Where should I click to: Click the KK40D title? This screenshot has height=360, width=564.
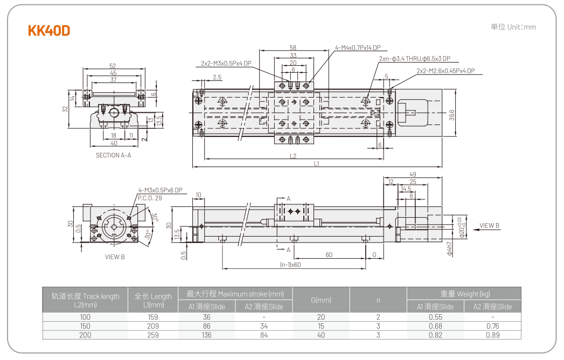coord(49,31)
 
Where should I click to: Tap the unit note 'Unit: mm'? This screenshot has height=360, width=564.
coord(513,27)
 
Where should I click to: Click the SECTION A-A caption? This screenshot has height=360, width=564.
coord(113,155)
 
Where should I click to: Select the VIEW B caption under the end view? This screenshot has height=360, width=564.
coord(114,257)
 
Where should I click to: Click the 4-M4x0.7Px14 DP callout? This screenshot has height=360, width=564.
coord(358,47)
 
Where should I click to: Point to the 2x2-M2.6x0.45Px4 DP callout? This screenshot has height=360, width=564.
coord(445,71)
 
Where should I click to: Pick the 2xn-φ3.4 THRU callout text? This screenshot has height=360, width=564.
coord(414,59)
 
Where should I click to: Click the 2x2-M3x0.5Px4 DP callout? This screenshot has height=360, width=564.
coord(226,63)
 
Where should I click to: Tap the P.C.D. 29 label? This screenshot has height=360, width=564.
coord(150,198)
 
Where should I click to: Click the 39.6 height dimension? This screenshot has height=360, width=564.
coord(451,115)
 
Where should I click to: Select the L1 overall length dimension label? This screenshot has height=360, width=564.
coord(316,163)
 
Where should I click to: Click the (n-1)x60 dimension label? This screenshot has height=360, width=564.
coord(290,265)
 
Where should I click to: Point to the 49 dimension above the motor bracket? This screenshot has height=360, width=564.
coord(413,174)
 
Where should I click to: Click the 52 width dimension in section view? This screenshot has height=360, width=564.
coord(113,66)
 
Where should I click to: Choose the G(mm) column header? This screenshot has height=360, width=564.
coord(321,300)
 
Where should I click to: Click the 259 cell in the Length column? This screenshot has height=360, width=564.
coord(152,335)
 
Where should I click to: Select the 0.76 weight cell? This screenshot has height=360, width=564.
coord(492,326)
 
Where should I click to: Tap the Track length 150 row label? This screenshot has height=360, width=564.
coord(85,326)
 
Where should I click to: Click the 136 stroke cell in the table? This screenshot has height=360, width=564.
coord(206,335)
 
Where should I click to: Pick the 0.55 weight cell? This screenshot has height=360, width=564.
coord(435,317)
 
